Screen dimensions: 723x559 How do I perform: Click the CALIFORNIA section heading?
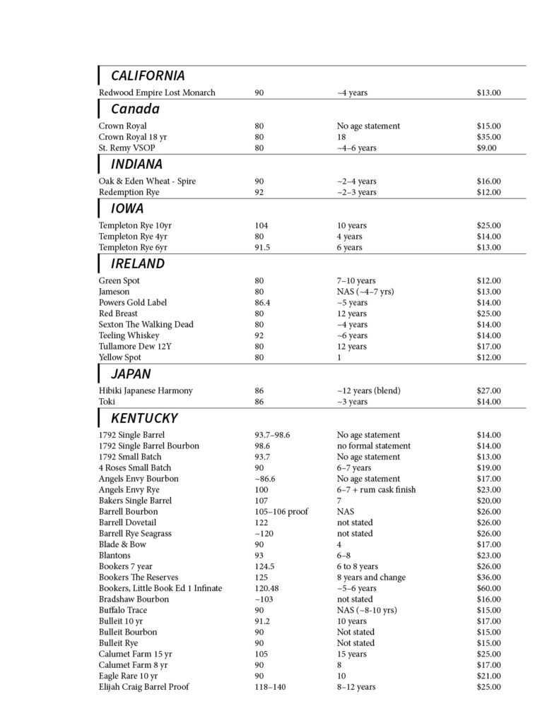(x=148, y=76)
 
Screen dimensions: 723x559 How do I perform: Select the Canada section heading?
(x=135, y=109)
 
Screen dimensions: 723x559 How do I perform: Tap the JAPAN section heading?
(x=131, y=374)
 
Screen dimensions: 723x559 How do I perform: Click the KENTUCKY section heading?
(x=144, y=418)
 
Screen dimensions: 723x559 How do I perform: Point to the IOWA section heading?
(x=127, y=209)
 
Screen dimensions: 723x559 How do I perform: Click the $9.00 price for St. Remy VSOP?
(x=486, y=148)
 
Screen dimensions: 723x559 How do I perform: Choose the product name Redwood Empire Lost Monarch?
(x=157, y=92)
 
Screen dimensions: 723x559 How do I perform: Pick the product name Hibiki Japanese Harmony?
(x=146, y=390)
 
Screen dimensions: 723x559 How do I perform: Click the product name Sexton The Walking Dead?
(x=146, y=325)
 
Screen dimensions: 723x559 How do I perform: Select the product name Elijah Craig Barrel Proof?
(x=143, y=687)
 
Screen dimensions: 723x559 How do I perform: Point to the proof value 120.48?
(x=266, y=588)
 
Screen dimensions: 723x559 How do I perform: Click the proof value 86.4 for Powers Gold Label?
(x=263, y=303)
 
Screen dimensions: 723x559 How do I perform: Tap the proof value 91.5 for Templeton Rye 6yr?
(x=263, y=248)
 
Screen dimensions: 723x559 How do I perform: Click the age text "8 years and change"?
(x=371, y=578)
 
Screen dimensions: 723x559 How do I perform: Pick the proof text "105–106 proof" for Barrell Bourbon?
(x=281, y=512)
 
